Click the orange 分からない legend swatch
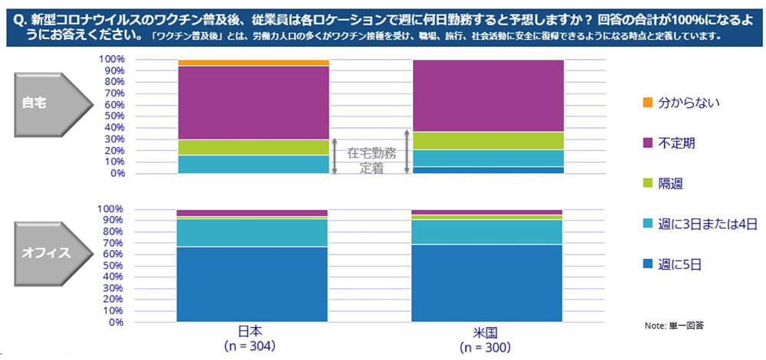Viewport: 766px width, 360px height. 647,102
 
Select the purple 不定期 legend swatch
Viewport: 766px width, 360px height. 647,142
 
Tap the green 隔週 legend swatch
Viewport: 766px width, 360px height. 647,184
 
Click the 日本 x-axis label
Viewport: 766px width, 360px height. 250,332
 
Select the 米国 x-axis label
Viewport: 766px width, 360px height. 487,332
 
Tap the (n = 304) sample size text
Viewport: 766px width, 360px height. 250,346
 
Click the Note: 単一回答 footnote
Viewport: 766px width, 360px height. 674,326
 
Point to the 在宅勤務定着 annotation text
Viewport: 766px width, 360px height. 371,159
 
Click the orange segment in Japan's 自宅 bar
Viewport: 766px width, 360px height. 253,63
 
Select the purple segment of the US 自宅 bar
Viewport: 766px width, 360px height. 488,96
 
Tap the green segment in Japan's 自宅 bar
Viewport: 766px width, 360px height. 253,147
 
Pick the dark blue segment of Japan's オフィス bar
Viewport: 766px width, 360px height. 253,284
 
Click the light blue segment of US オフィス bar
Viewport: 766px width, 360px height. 488,232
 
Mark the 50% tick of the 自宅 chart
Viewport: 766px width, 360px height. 113,116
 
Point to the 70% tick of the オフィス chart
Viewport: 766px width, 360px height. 113,243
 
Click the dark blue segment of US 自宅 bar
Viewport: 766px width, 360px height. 488,170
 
